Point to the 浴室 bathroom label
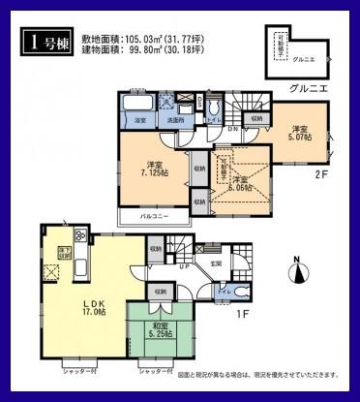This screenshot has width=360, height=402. pyautogui.click(x=140, y=119)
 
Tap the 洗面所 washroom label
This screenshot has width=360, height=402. pyautogui.click(x=175, y=119)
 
